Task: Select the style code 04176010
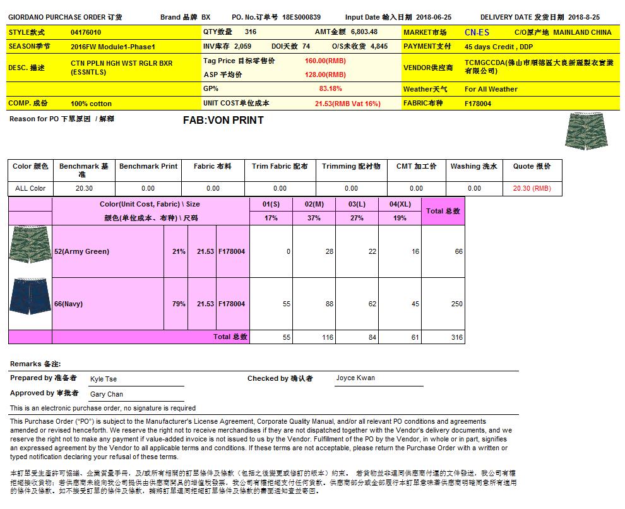86,32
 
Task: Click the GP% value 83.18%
331,89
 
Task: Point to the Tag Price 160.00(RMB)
325,61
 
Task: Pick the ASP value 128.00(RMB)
325,75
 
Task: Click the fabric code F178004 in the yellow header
478,104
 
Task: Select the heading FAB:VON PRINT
223,120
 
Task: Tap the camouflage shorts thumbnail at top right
583,131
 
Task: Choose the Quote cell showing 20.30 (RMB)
532,188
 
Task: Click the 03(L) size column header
357,205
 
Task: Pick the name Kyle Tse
104,379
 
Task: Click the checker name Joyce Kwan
355,378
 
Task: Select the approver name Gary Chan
107,394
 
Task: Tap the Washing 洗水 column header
473,167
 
